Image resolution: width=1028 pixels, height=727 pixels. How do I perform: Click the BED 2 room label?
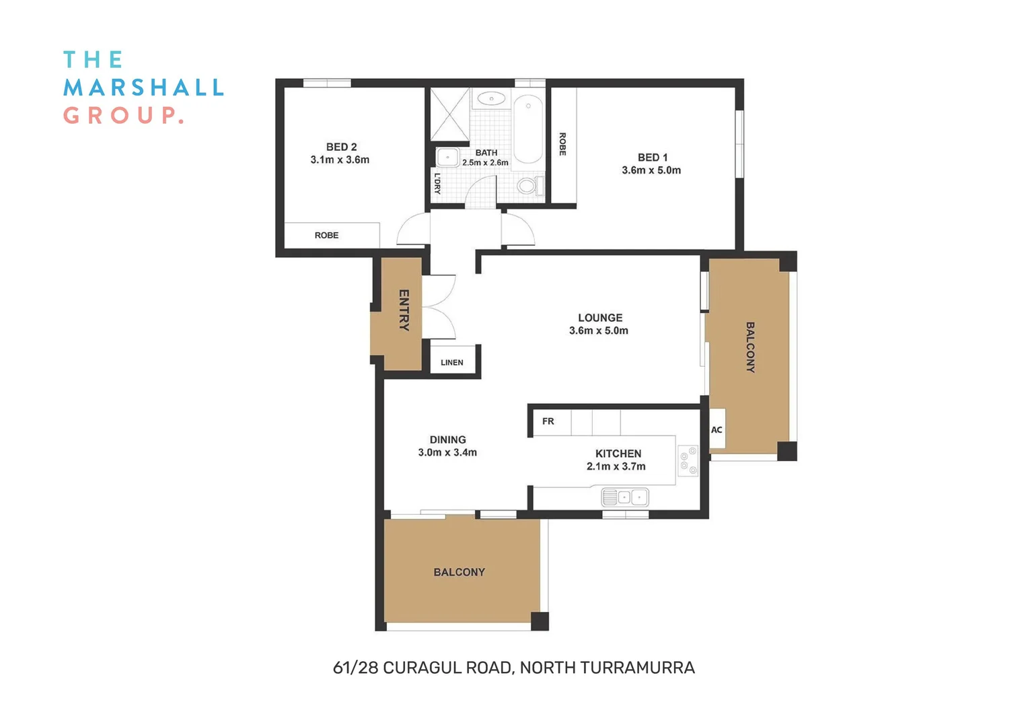click(341, 147)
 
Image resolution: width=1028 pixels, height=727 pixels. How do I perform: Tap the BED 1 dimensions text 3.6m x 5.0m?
click(651, 170)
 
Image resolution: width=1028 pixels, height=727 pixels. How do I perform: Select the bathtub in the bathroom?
click(528, 129)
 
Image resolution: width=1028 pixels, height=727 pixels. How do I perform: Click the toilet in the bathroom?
click(528, 185)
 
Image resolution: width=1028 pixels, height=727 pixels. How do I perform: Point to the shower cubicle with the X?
click(449, 114)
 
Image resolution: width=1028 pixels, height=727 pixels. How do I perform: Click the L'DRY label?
click(437, 184)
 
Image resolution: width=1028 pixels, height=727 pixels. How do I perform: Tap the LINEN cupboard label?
click(451, 362)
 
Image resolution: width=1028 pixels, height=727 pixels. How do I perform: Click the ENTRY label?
click(404, 310)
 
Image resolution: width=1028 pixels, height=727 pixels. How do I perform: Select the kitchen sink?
click(624, 497)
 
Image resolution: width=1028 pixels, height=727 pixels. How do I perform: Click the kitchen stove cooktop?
click(688, 461)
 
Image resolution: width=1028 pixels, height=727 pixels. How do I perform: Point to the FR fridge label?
click(548, 421)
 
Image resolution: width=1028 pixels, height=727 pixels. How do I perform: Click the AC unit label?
click(717, 430)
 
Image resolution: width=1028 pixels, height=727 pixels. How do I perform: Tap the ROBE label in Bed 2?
click(326, 235)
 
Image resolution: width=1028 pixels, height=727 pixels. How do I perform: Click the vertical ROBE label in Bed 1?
click(562, 144)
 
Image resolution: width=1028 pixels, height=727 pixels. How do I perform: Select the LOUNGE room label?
click(600, 318)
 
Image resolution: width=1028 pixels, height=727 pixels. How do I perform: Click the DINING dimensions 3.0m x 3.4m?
click(447, 452)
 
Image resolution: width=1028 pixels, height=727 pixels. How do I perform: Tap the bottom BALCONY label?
click(459, 572)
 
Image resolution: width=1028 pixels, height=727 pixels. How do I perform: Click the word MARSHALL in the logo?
click(143, 88)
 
